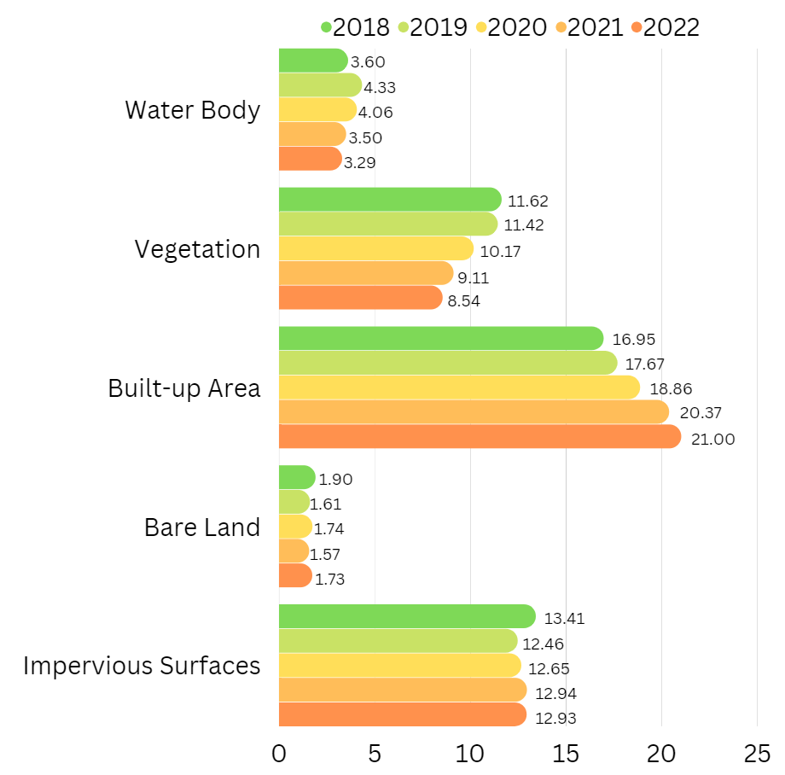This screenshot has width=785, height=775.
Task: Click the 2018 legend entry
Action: tap(354, 27)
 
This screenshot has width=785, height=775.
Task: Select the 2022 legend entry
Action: tap(665, 27)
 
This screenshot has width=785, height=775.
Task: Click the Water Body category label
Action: tap(192, 110)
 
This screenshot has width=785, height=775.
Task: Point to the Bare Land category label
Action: tap(202, 527)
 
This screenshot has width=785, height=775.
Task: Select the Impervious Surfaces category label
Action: tap(142, 666)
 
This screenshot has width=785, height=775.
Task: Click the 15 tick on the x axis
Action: tap(566, 754)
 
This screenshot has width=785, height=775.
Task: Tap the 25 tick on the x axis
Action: tap(757, 754)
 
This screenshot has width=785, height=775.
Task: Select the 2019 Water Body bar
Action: tap(320, 85)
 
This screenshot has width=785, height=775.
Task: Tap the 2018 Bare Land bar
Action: tap(297, 477)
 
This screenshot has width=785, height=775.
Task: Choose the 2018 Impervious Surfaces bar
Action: tap(407, 616)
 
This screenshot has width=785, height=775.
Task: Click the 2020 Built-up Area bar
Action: tap(459, 387)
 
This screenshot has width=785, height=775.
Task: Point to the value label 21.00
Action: tap(713, 440)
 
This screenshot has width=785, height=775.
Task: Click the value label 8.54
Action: tap(464, 300)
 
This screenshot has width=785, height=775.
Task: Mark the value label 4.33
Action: tap(380, 87)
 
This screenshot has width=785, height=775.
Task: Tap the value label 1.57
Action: tap(325, 555)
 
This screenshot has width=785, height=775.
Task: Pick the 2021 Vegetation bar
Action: tap(366, 273)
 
